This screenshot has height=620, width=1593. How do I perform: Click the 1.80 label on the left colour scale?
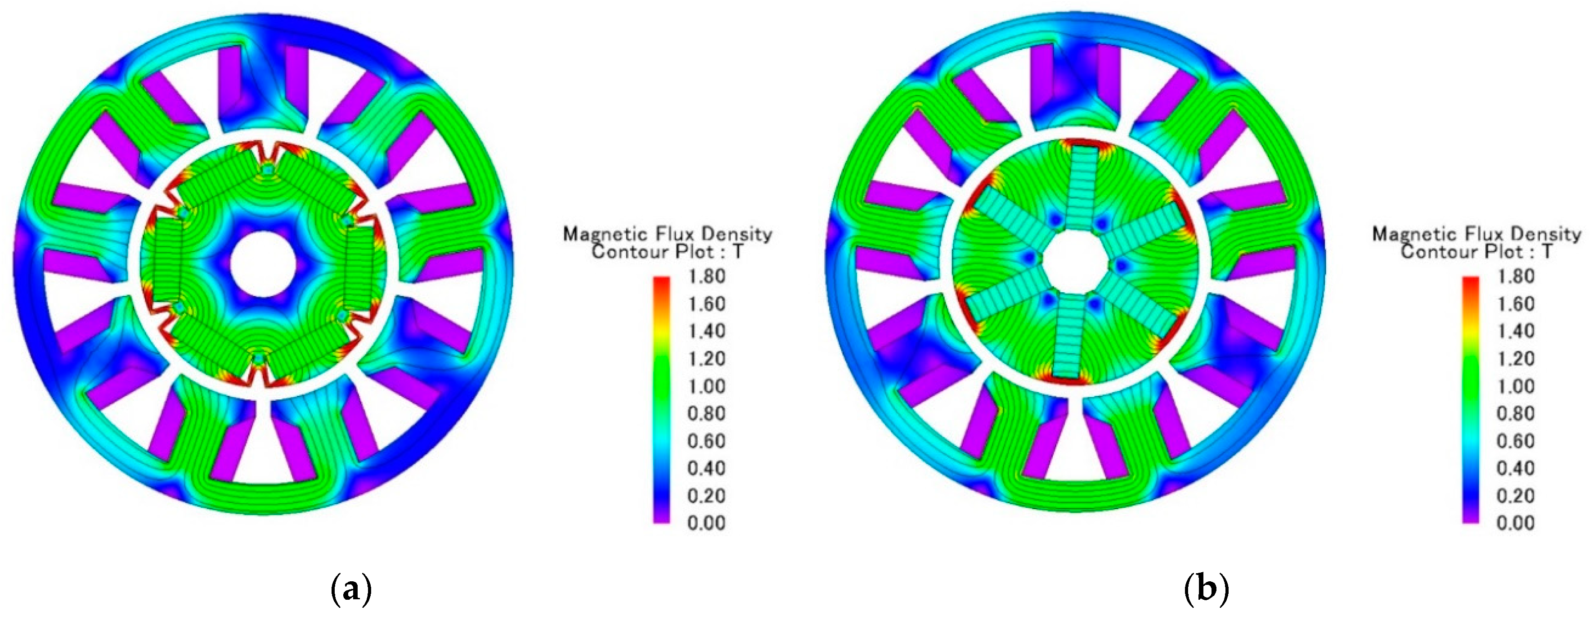706,276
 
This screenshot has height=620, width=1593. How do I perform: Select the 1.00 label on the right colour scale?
1515,386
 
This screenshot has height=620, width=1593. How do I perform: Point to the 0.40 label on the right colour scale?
1515,468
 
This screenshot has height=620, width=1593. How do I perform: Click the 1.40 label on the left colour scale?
706,331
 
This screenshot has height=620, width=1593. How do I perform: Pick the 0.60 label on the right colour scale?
1515,441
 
